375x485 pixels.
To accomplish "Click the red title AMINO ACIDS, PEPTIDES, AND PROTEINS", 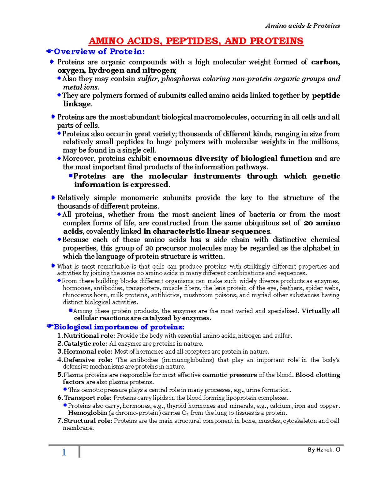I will click(196, 41).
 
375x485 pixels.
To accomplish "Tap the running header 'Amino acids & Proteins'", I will click(302, 26).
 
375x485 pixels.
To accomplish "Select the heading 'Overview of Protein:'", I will click(99, 52).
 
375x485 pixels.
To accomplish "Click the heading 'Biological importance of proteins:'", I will click(119, 327).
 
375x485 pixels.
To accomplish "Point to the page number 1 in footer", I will click(64, 452).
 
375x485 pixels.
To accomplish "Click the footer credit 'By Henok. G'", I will click(323, 450).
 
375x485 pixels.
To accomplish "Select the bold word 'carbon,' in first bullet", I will click(325, 62).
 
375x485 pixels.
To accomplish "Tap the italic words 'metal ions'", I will click(81, 87).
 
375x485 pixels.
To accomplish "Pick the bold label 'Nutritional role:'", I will click(89, 336).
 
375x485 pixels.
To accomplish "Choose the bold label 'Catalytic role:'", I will click(85, 344).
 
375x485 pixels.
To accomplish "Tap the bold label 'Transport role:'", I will click(87, 398).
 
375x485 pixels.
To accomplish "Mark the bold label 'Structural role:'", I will click(88, 421).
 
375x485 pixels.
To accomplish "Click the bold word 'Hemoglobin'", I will click(87, 413).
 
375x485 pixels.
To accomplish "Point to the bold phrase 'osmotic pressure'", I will click(229, 375).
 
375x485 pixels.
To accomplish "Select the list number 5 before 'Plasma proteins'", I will click(59, 375).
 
